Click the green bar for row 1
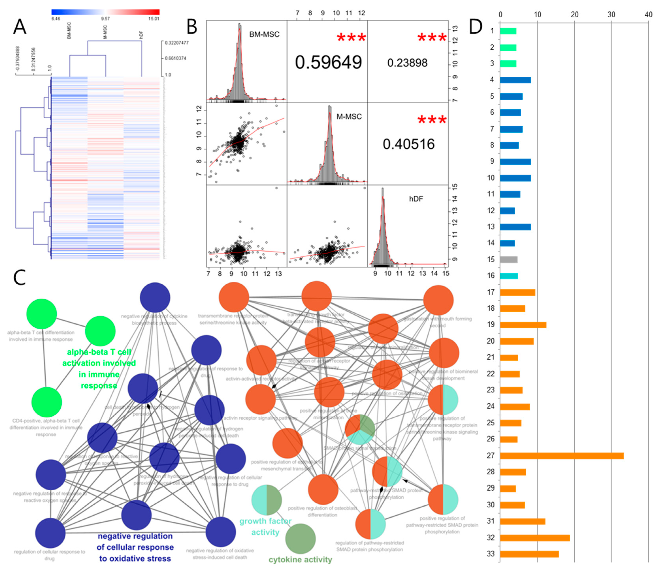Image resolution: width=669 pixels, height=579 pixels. pos(508,31)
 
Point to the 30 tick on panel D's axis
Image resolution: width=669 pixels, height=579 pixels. pos(611,15)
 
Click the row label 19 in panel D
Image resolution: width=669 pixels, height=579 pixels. pos(490,324)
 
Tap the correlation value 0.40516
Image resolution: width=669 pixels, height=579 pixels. pos(408,144)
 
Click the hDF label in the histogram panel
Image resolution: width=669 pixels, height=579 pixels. pos(416,199)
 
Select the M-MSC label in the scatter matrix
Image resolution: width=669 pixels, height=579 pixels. pos(349,117)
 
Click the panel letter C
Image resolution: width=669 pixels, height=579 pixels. pos(19,277)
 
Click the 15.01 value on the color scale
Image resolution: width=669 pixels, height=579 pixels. pos(154,19)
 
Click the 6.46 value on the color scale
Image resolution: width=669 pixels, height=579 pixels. pos(56,19)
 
